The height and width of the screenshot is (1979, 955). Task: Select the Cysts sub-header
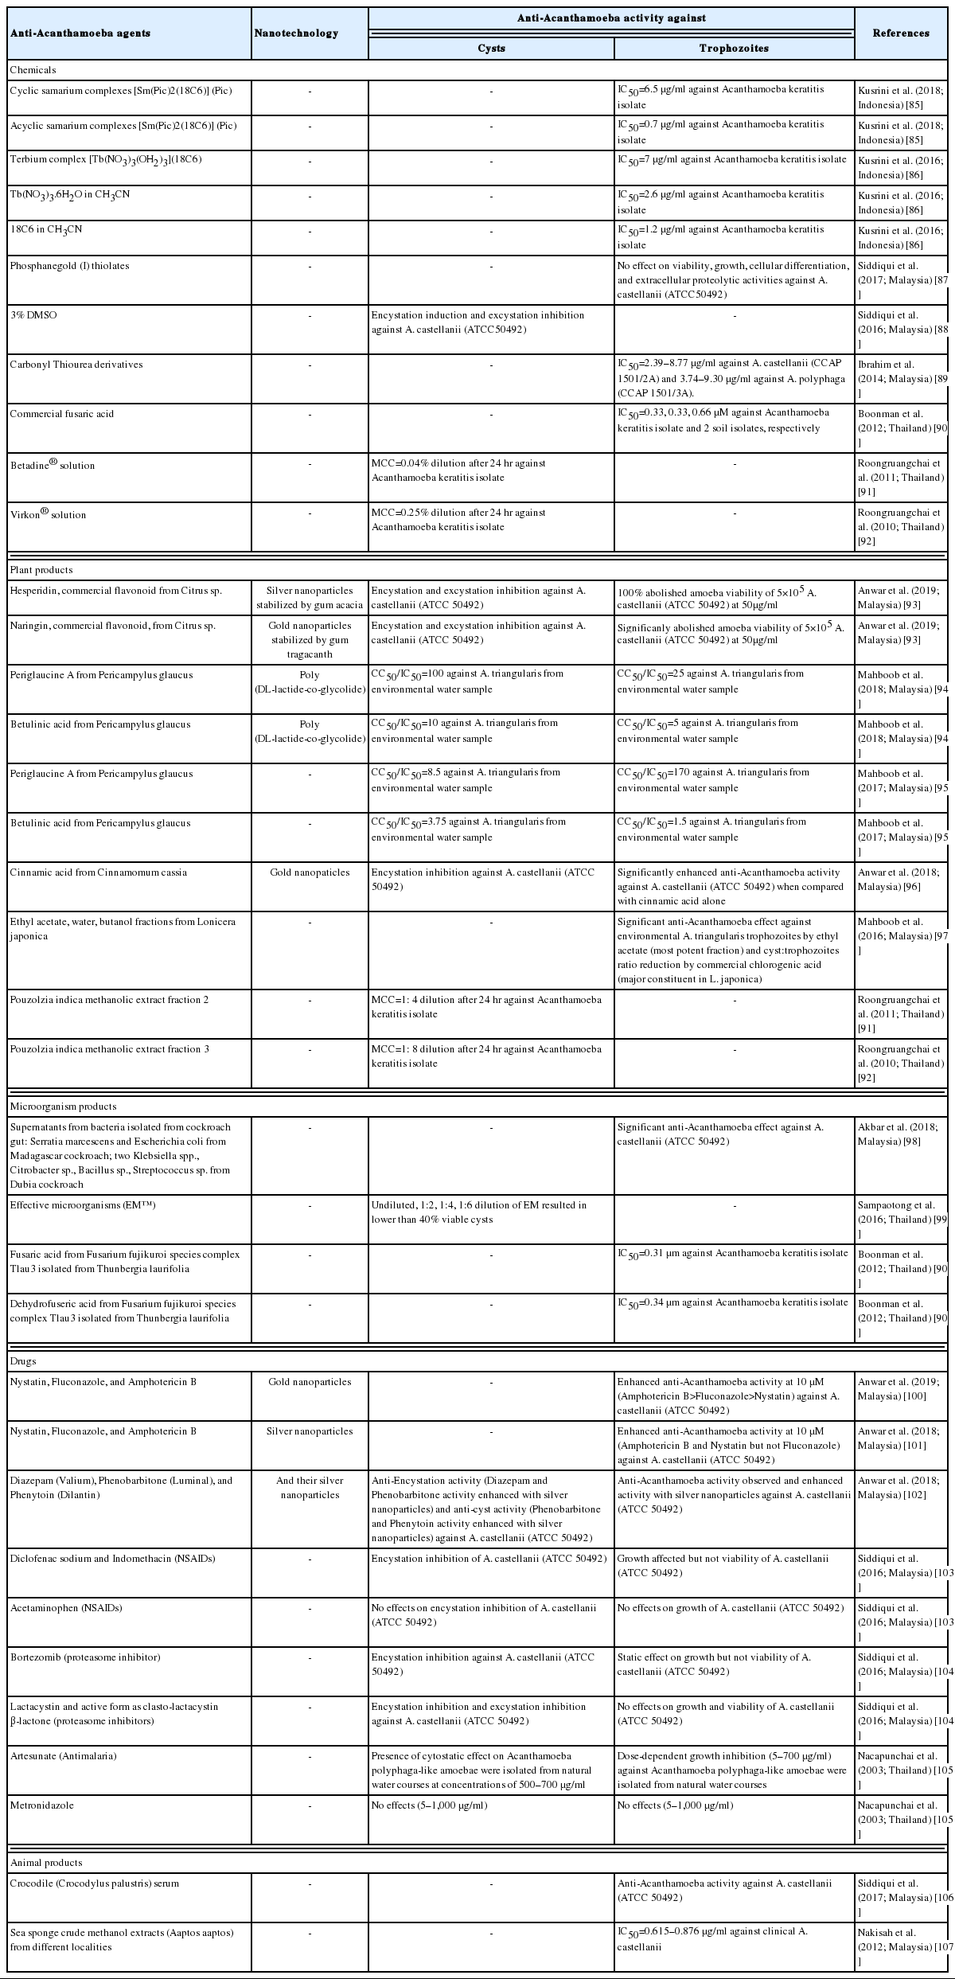491,48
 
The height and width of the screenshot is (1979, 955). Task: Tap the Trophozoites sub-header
734,48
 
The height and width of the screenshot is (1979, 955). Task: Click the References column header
901,33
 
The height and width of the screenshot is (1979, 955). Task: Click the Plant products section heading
41,570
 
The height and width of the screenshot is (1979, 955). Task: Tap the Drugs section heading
23,1361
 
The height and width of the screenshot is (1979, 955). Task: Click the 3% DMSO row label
33,315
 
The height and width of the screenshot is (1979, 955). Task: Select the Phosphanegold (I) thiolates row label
69,266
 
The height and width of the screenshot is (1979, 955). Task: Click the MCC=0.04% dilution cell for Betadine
458,470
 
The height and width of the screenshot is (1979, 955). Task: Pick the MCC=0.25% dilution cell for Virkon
458,519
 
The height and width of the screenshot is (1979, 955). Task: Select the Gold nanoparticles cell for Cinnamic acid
310,872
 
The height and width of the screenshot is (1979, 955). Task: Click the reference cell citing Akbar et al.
900,1134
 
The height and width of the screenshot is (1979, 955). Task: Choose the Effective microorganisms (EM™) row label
83,1205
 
